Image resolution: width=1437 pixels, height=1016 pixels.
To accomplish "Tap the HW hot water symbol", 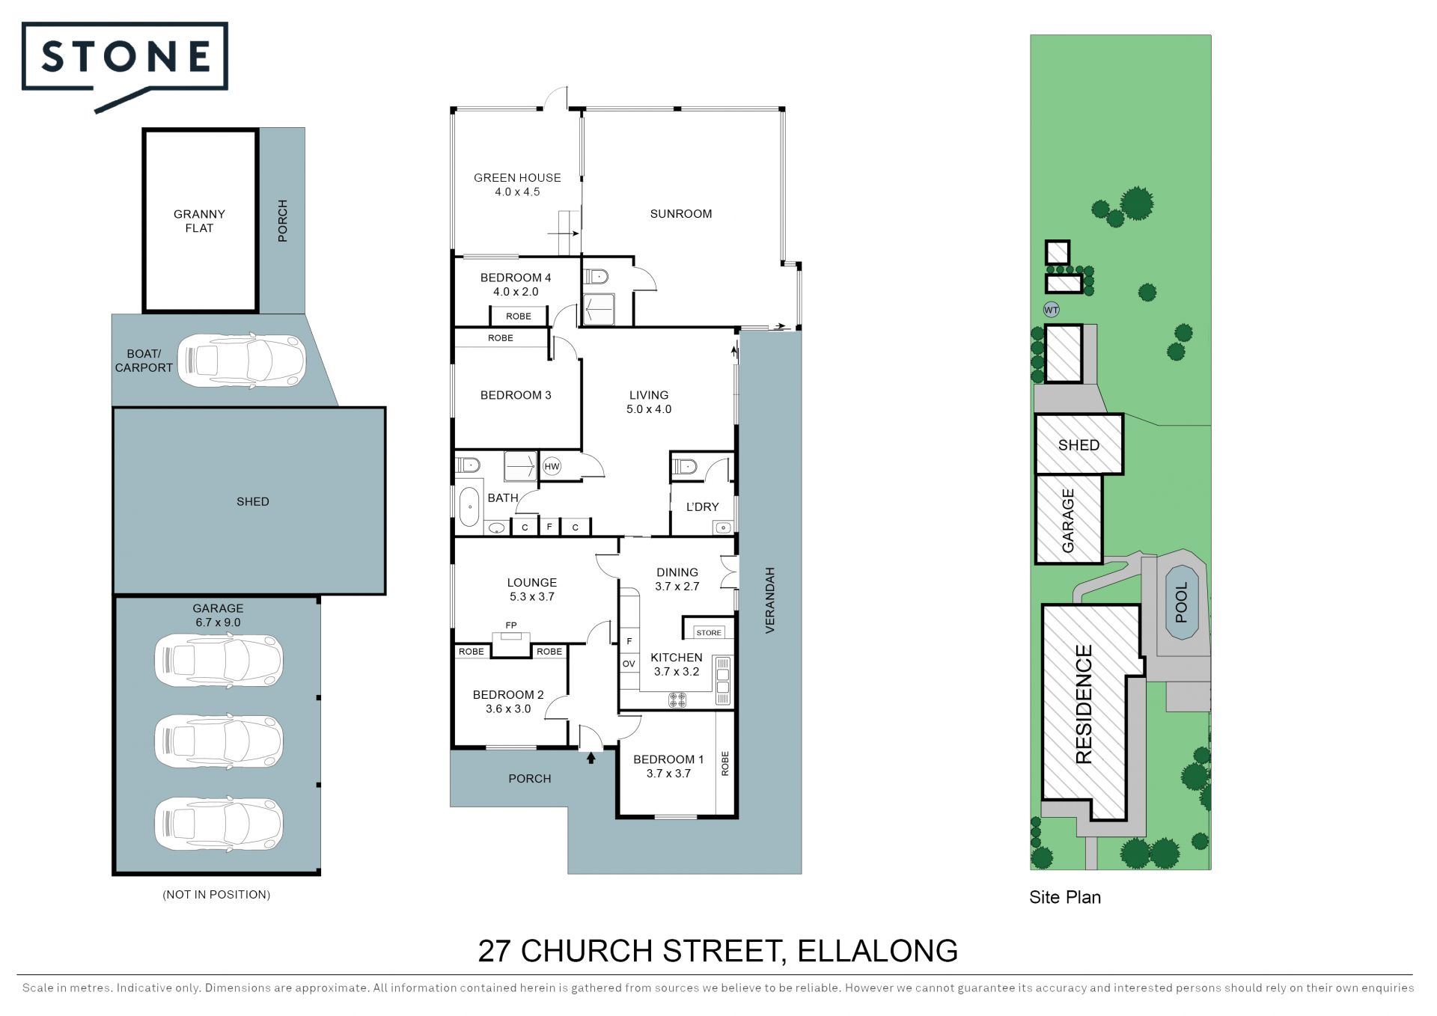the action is click(x=552, y=467).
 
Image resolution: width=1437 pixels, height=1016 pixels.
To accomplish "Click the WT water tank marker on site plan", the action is click(x=1052, y=310).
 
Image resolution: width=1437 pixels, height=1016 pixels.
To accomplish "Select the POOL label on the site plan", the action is click(x=1182, y=602).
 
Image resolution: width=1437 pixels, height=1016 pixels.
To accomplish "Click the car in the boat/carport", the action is click(x=242, y=361).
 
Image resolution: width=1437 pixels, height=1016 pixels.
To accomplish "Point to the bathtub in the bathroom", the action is click(x=469, y=507).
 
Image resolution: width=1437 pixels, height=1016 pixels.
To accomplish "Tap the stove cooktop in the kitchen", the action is click(x=677, y=700).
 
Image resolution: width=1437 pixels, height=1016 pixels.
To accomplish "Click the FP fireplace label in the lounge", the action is click(x=511, y=625).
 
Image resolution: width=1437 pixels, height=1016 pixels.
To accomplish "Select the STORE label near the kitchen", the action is click(x=709, y=633).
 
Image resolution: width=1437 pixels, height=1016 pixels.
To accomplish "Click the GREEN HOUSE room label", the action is click(x=517, y=178).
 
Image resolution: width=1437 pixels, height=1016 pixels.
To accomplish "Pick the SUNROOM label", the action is click(x=681, y=214).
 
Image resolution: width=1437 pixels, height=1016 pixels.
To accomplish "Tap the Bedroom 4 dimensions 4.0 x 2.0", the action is click(x=516, y=292).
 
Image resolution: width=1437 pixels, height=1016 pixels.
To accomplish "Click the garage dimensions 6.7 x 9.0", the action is click(x=218, y=622).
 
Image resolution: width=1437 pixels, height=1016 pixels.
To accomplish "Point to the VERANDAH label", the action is click(x=770, y=601).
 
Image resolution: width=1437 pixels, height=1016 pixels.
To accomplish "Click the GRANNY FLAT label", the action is click(x=199, y=221).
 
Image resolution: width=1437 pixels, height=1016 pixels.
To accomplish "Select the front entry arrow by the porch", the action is click(x=591, y=758).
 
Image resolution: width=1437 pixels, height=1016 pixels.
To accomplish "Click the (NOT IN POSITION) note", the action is click(x=216, y=895).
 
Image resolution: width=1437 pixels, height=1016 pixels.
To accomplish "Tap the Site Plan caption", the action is click(x=1065, y=897).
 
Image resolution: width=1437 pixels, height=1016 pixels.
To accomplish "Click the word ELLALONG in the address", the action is click(x=877, y=951).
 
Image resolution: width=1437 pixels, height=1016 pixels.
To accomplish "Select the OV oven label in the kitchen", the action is click(x=629, y=664).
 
